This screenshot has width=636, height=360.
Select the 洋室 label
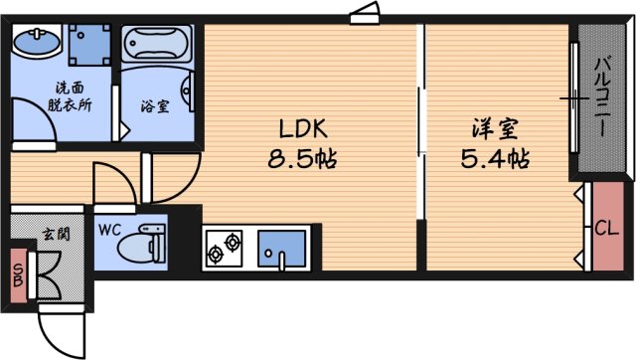pos(494,129)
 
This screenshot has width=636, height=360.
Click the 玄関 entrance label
pos(55,236)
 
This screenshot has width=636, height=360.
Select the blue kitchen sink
pos(283,249)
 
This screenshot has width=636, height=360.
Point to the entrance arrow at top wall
pos(364,12)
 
